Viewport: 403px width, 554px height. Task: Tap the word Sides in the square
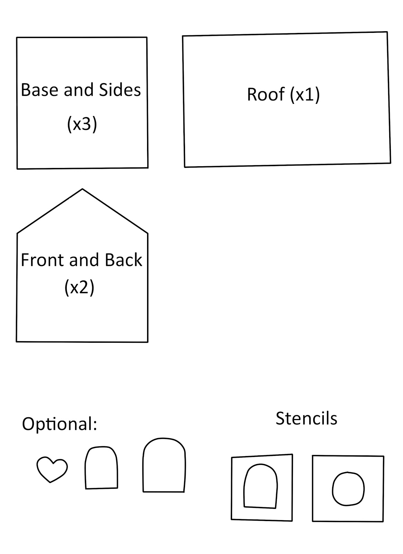pos(120,90)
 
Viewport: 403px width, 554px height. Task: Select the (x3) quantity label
pos(82,124)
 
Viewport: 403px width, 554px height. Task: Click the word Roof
pos(266,94)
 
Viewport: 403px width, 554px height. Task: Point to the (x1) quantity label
pos(305,94)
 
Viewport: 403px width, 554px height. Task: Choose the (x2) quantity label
pos(79,287)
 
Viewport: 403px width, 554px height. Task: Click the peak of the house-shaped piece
pos(82,189)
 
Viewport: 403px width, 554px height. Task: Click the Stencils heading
pos(306,418)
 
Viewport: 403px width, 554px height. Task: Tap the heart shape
pos(52,469)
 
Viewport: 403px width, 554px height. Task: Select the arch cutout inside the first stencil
pos(260,486)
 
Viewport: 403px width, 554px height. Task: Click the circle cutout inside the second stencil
pos(348,489)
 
